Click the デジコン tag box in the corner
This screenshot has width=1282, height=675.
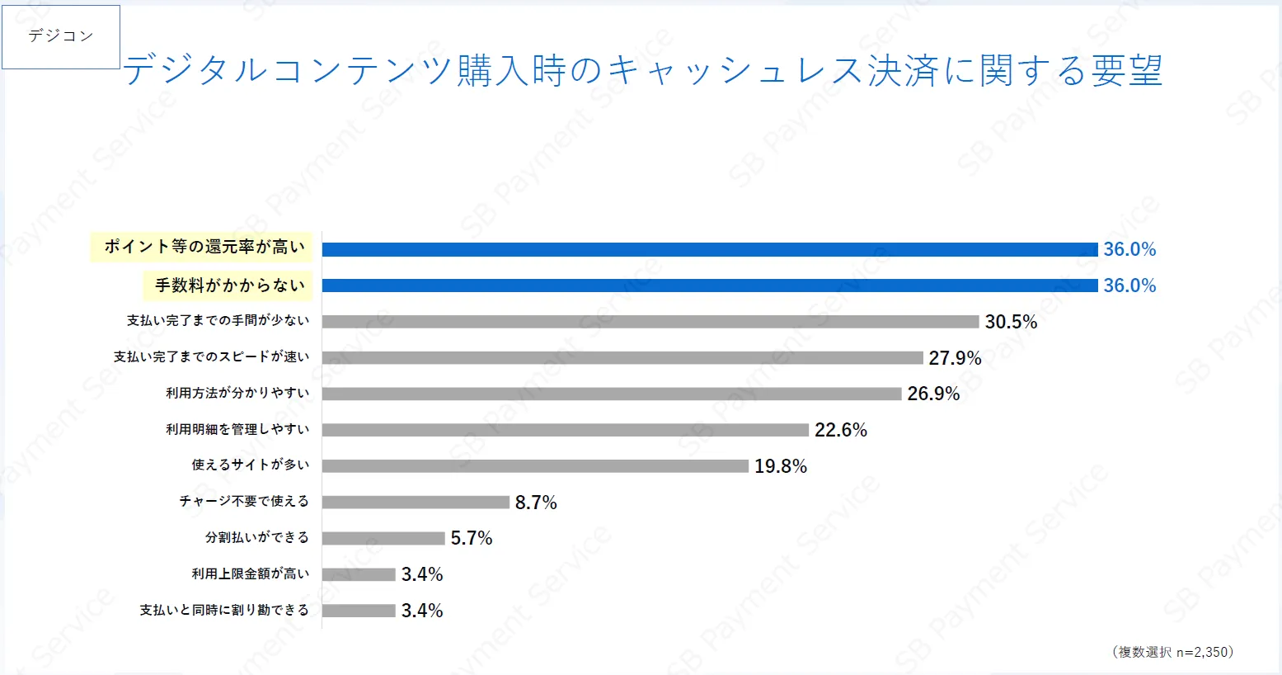pos(61,36)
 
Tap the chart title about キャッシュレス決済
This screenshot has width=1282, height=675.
pos(642,71)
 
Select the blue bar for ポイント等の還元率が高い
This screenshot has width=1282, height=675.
pos(709,249)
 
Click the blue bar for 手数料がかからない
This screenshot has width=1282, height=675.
pos(709,286)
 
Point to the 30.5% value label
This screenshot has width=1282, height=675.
pos(1011,322)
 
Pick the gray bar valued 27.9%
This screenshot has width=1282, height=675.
pos(622,357)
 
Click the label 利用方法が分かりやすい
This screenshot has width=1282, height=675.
pos(237,393)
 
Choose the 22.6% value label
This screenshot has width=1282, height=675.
pos(841,430)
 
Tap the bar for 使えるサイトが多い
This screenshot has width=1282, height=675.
pos(535,466)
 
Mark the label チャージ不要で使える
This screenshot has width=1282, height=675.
pos(244,501)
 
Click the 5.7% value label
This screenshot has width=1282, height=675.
pos(472,538)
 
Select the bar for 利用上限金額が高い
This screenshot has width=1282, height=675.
pos(359,574)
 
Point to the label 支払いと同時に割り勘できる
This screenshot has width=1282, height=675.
pos(224,610)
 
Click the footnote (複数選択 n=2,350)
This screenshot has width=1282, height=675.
pos(1172,652)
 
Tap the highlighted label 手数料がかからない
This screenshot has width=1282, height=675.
pos(229,286)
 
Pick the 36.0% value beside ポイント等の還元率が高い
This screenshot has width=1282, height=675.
pos(1129,249)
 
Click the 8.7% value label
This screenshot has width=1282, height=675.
pos(536,503)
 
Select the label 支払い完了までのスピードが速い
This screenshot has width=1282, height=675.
pos(211,356)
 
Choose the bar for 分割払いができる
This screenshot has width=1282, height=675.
pos(383,538)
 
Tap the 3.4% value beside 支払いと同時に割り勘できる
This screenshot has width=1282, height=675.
pos(422,611)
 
